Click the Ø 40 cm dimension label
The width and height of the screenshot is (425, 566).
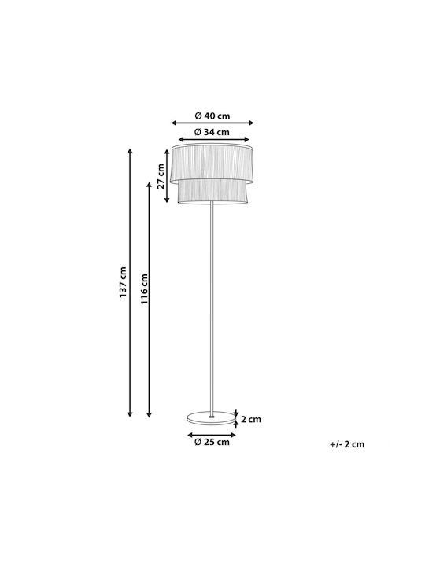tap(213, 116)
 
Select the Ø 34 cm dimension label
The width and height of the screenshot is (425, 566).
tap(212, 132)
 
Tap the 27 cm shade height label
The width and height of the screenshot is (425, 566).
tap(161, 176)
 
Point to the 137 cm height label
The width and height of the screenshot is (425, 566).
tap(123, 282)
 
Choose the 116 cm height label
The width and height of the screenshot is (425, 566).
tap(145, 289)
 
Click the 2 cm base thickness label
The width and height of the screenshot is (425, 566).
tap(251, 420)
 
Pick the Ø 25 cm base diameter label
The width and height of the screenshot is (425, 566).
tap(212, 442)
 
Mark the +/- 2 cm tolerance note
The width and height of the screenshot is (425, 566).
tap(347, 444)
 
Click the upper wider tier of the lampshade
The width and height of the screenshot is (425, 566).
tap(212, 164)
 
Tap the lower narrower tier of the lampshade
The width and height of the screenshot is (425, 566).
tap(213, 192)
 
